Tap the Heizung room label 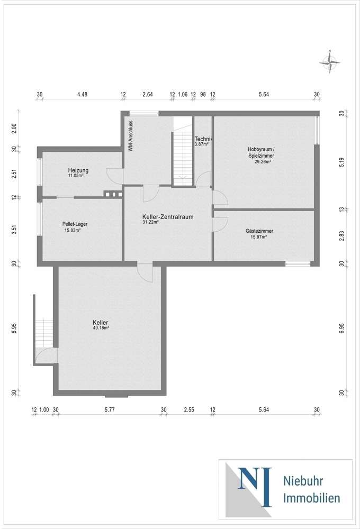(78, 170)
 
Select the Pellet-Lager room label (75, 224)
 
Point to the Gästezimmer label (258, 231)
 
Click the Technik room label (203, 139)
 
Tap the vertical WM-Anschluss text (130, 136)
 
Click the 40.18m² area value (101, 328)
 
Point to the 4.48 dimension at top (82, 95)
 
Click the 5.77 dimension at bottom (109, 409)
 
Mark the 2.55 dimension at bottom (188, 409)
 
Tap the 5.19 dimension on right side (341, 164)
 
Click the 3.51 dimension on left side (15, 230)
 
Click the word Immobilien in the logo (312, 498)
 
